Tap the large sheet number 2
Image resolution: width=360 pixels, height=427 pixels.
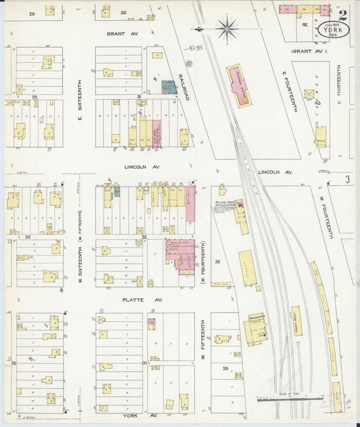pyautogui.click(x=343, y=14)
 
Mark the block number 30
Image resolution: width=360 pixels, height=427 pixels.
pyautogui.click(x=124, y=12)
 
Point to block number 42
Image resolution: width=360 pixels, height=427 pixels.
pyautogui.click(x=305, y=24)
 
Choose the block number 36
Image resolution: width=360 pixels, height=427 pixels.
pyautogui.click(x=217, y=261)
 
